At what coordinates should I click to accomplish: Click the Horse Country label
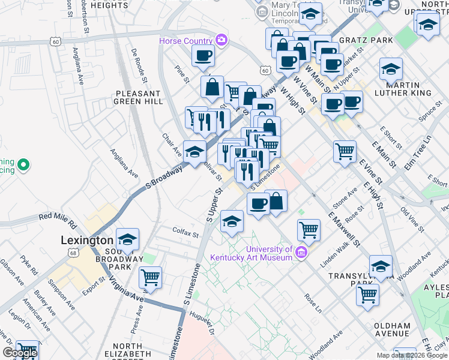pos(185,41)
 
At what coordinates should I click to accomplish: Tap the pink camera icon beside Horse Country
pos(222,40)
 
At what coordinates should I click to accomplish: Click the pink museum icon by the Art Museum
pos(301,252)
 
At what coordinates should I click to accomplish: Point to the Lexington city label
pos(87,240)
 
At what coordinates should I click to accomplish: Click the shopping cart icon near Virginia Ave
pos(150,277)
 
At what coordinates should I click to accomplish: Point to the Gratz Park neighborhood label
pos(373,40)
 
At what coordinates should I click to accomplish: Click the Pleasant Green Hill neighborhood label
pos(138,98)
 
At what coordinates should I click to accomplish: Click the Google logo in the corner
pos(19,353)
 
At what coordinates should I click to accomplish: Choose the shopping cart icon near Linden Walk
pos(309,229)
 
